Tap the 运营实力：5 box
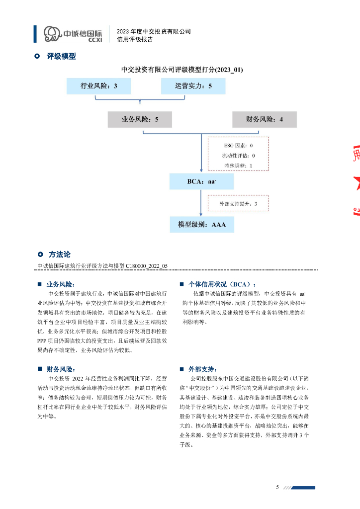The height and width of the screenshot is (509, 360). point(193,86)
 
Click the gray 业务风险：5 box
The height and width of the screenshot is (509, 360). point(140,119)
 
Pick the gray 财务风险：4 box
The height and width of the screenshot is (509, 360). point(264,119)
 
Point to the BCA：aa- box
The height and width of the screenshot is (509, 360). point(201,181)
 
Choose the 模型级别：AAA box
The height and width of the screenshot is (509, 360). point(201,225)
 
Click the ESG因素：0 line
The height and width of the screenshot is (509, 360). point(238,146)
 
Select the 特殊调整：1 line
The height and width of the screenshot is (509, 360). point(238,165)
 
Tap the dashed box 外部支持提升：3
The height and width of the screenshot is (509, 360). point(238,204)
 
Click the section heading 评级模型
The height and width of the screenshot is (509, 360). point(61,57)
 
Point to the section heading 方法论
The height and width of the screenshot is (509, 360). point(60,254)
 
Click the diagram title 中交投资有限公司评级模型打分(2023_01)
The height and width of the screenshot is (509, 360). point(182,70)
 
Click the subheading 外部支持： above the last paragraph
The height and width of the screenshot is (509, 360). point(202,369)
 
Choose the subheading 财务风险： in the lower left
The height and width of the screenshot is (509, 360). point(60,369)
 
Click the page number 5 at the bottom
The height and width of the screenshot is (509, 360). point(277,487)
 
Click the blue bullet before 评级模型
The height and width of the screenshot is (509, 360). point(37,57)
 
